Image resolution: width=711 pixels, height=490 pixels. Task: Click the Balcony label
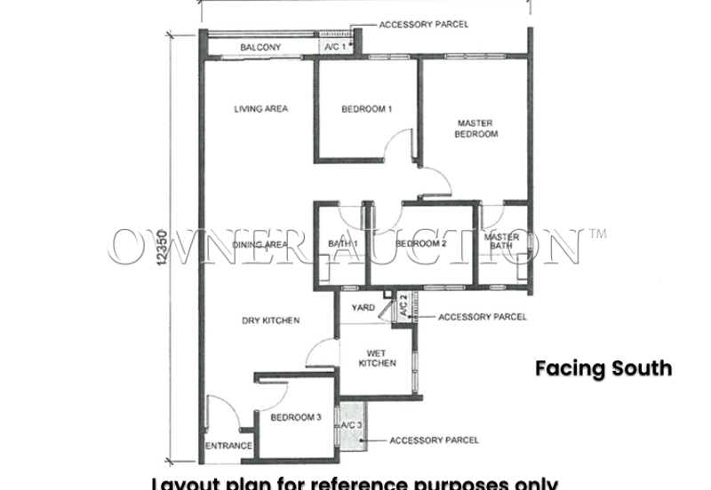point(260,47)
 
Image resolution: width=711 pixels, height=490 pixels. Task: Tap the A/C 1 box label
point(335,46)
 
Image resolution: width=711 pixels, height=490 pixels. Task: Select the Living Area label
point(260,109)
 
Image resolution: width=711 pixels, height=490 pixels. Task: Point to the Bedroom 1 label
point(367,109)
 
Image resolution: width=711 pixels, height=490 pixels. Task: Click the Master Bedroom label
point(475,129)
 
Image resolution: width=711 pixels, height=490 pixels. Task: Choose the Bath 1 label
point(342,243)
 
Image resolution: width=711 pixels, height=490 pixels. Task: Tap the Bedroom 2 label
point(420,243)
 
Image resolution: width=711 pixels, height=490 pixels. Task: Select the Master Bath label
point(502,242)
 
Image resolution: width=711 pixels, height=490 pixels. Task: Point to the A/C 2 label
point(403,307)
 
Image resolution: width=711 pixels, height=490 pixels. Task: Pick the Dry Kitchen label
point(270,320)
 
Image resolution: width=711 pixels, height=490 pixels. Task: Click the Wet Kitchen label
point(377,358)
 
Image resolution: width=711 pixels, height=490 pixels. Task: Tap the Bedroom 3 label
point(295,417)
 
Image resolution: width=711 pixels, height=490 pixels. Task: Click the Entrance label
point(228,446)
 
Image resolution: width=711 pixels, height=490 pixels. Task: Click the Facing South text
point(603,368)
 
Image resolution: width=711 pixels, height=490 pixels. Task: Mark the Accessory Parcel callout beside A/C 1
point(423,25)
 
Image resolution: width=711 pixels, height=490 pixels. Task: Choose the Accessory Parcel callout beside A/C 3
point(434,440)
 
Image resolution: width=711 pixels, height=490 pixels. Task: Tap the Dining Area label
point(260,243)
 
